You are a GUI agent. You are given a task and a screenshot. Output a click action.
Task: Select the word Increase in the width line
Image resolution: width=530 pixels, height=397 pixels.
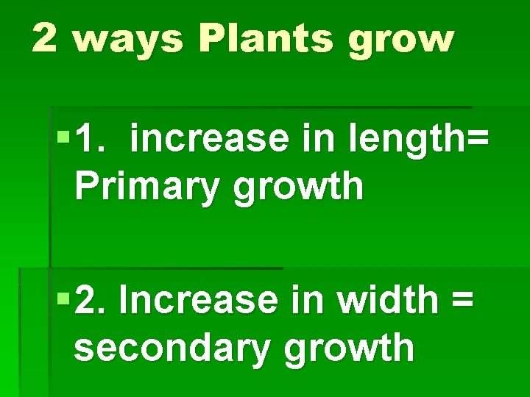tap(197, 300)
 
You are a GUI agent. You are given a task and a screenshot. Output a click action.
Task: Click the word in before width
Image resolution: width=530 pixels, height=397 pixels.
tap(306, 300)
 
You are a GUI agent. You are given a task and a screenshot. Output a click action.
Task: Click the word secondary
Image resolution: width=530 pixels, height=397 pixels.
tap(171, 348)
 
